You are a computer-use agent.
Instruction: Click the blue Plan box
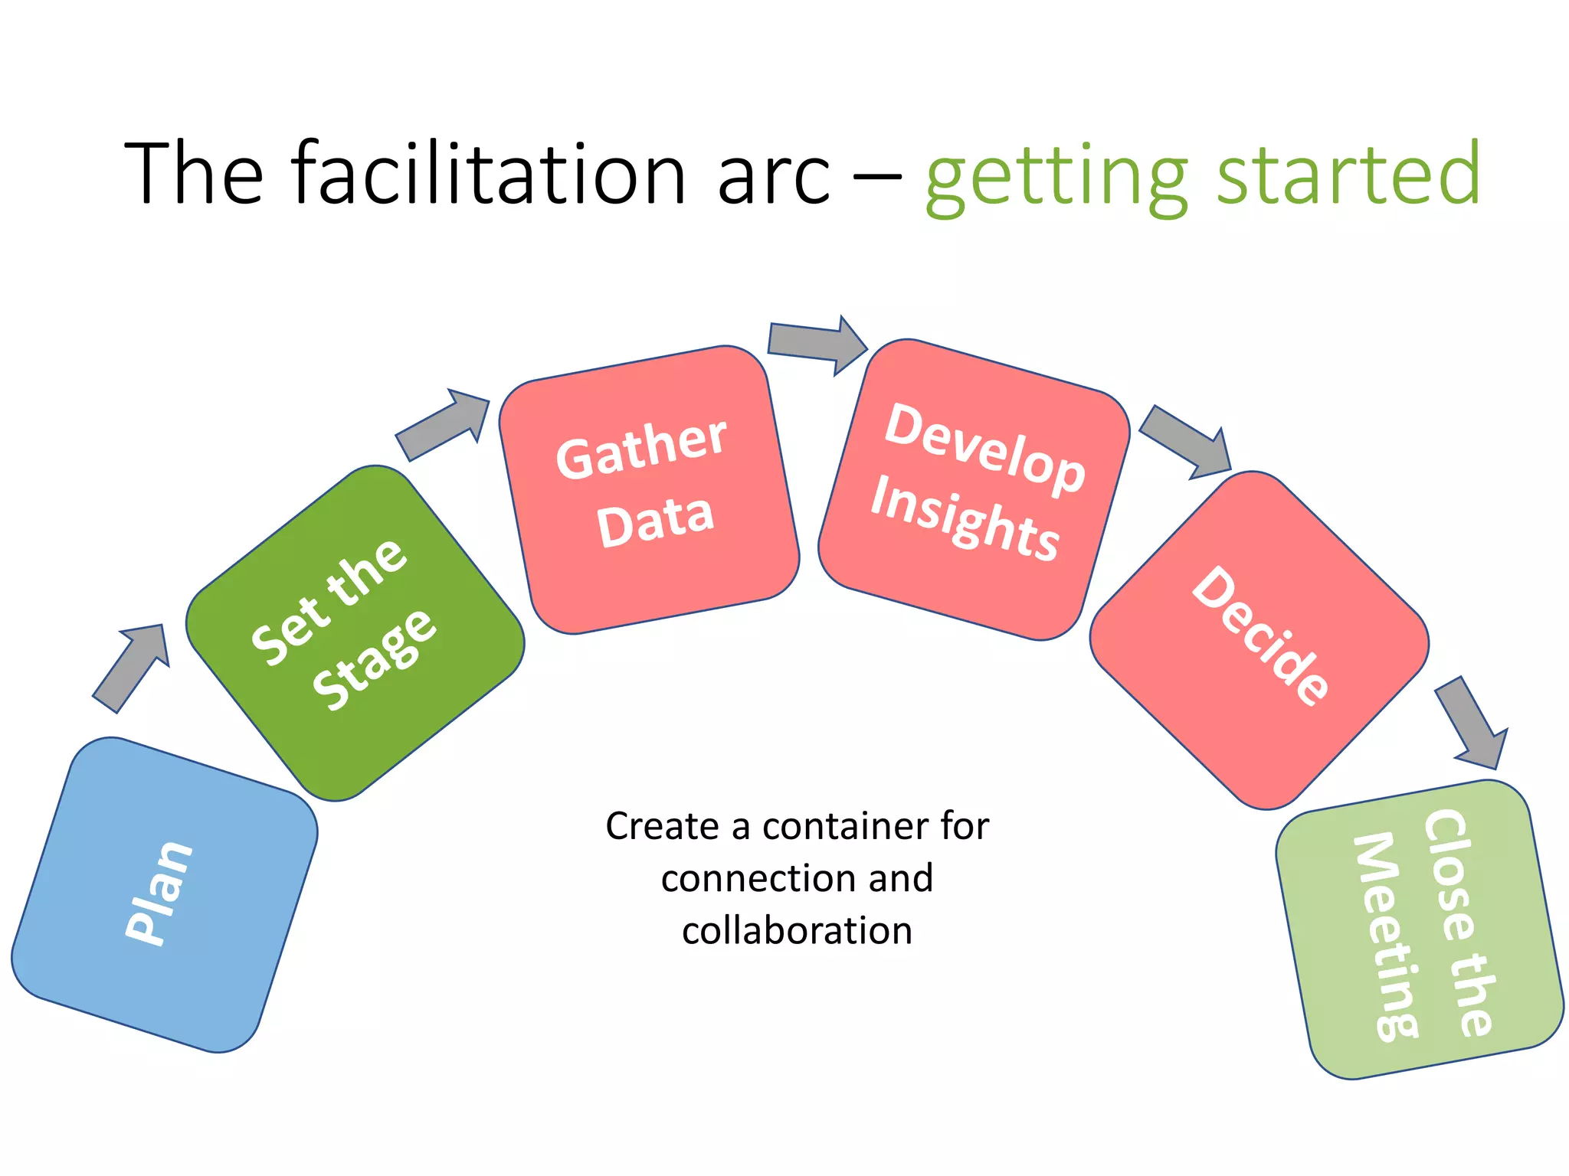coord(164,894)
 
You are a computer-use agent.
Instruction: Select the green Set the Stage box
coord(355,632)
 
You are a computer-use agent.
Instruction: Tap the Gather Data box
coord(649,490)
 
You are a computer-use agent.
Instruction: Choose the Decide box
coord(1259,639)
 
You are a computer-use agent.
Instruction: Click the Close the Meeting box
coord(1419,929)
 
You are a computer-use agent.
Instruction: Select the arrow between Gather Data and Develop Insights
coord(817,344)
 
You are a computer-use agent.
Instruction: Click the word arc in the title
coord(774,176)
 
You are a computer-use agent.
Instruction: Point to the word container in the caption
coord(846,827)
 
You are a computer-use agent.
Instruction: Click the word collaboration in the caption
coord(797,931)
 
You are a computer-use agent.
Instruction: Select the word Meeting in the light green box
coord(1385,937)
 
